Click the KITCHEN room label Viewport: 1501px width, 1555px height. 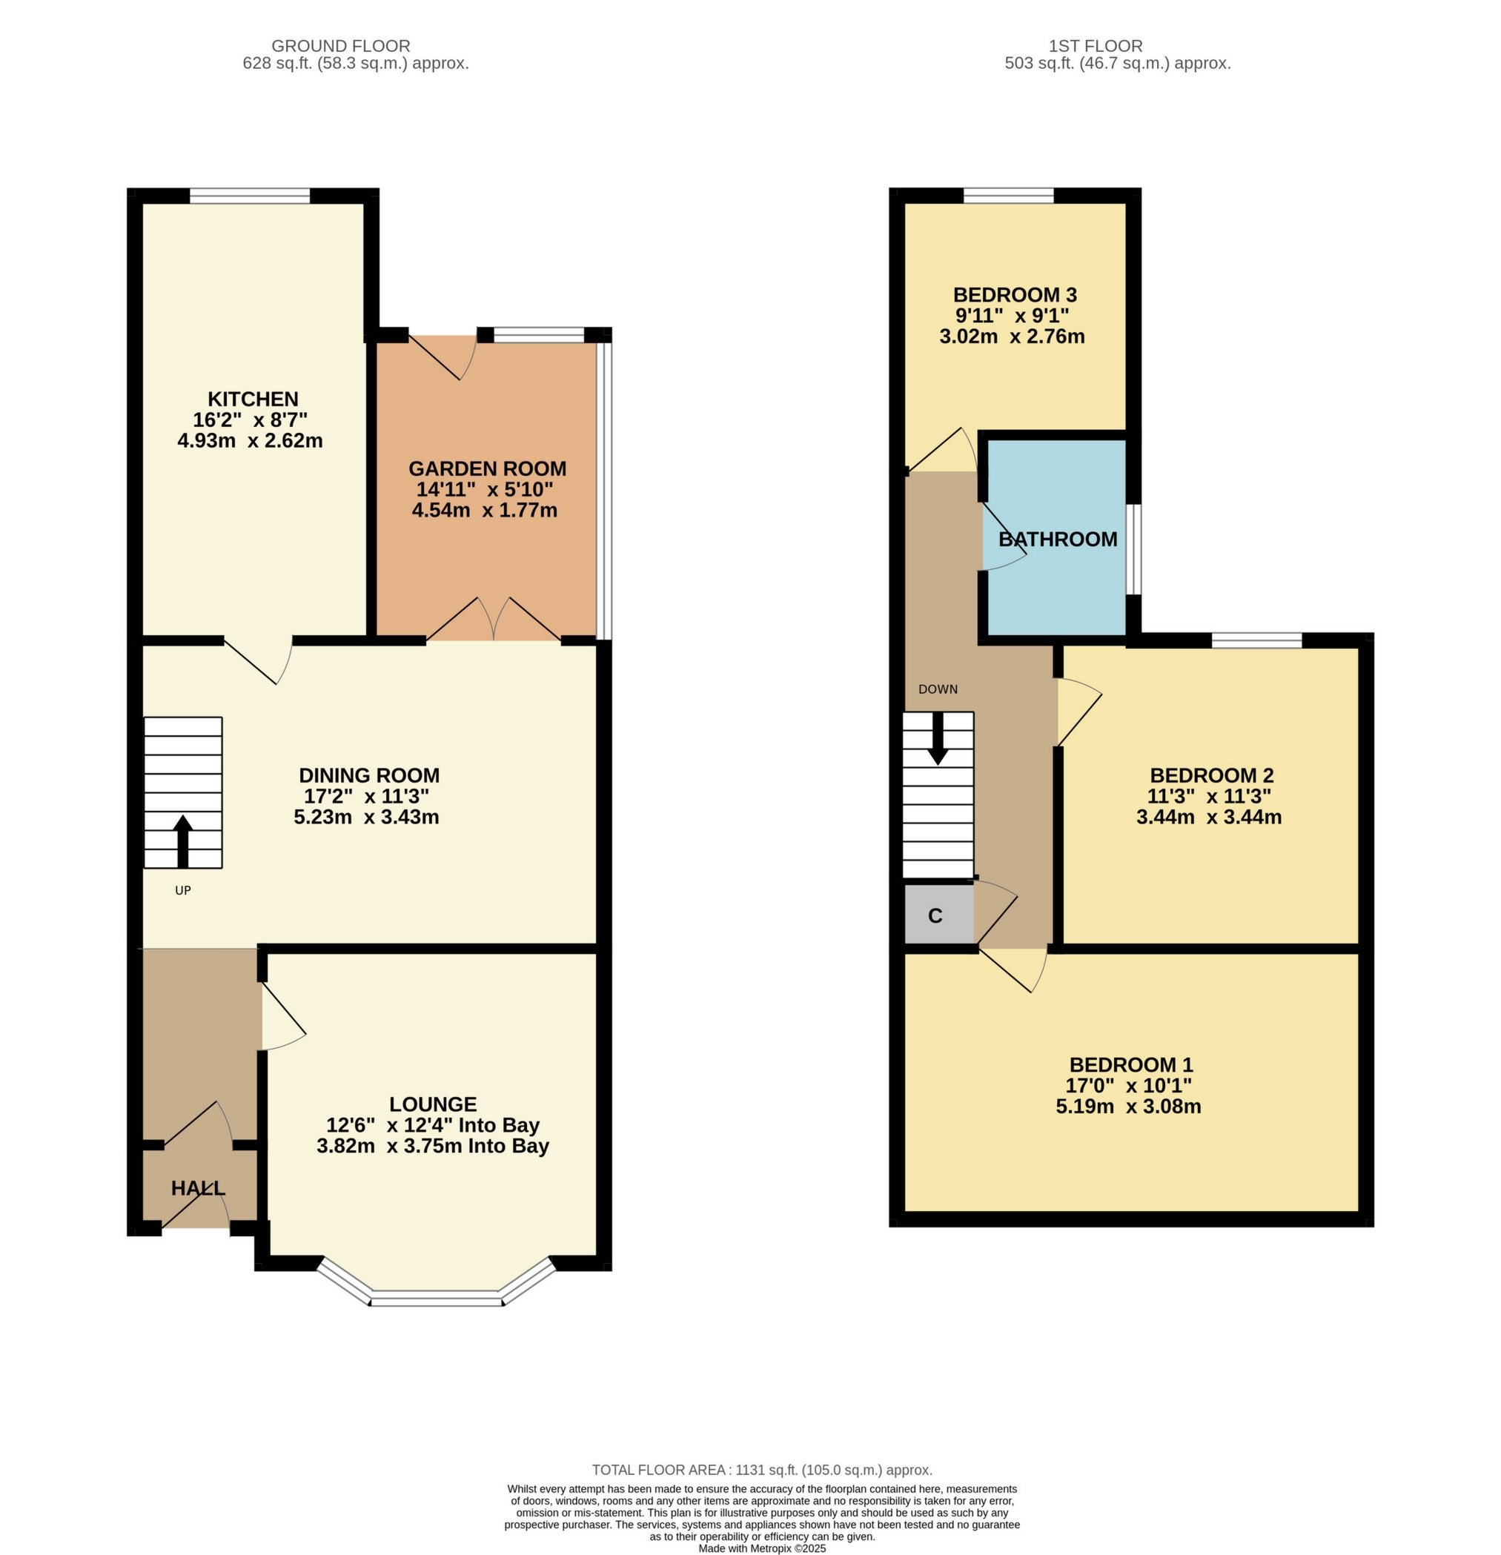pos(253,399)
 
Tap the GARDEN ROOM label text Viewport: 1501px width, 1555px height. pos(487,468)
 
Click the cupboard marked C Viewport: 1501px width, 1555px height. pos(935,915)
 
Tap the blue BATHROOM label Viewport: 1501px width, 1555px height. pos(1058,540)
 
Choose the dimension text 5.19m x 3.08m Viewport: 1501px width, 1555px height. pos(1128,1106)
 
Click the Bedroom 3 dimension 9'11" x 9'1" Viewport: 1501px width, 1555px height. pos(1013,316)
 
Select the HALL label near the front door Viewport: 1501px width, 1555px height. pos(199,1187)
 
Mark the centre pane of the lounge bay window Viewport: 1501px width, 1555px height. pos(437,1299)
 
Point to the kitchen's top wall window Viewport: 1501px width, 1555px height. pos(249,196)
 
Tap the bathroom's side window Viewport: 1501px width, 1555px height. pos(1135,549)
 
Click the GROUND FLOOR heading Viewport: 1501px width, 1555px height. pos(340,46)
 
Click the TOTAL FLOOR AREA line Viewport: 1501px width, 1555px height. pos(761,1470)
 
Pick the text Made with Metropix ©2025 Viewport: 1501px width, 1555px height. pos(761,1548)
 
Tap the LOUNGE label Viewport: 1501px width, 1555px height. pos(433,1104)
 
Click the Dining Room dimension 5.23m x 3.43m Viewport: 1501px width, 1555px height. pos(366,818)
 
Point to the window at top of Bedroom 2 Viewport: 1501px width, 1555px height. pos(1256,640)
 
